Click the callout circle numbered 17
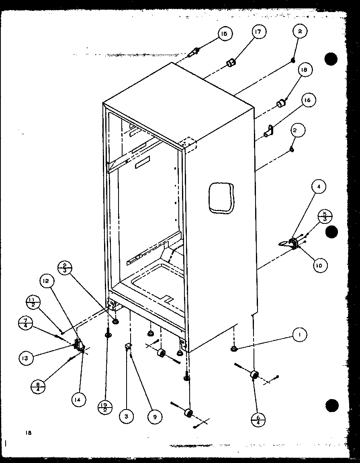pos(259,32)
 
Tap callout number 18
pos(305,70)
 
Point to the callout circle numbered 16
pos(308,100)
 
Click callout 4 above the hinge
pos(319,187)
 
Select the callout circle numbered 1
pos(299,334)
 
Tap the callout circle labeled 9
pos(154,417)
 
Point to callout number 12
pos(46,282)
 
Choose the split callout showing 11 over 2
pos(32,302)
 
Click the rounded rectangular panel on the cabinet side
pos(221,197)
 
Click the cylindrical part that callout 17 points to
pos(231,63)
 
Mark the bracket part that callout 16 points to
pos(269,131)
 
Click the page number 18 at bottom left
pos(28,433)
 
